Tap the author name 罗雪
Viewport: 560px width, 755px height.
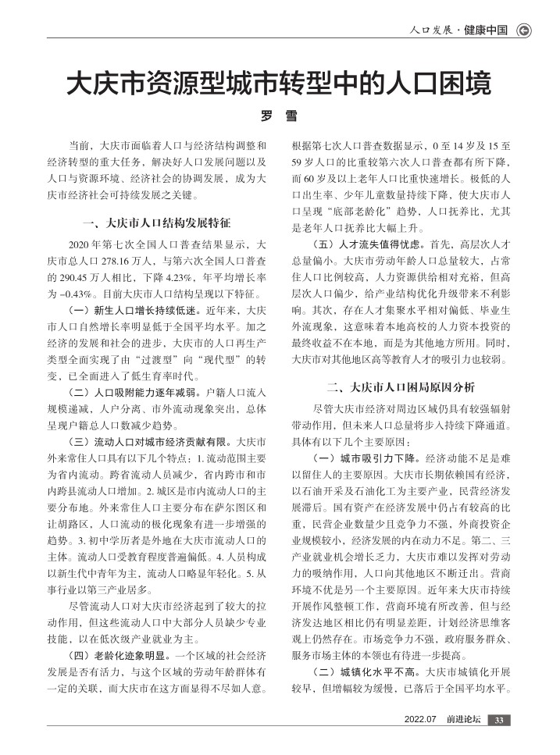pos(279,116)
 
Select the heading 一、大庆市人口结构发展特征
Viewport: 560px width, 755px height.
pos(157,222)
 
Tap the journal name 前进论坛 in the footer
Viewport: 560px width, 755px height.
pos(464,719)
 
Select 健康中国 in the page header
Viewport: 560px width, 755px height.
pos(486,31)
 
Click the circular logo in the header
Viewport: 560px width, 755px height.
pos(525,31)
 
